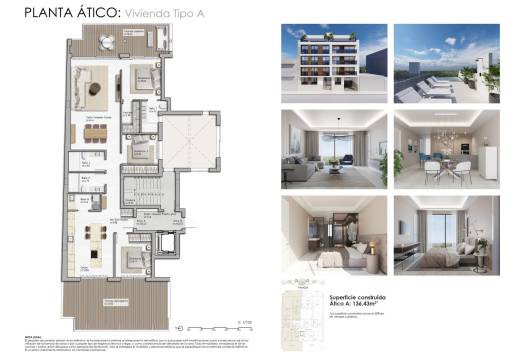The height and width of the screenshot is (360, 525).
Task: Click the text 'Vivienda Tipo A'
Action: [x=160, y=14]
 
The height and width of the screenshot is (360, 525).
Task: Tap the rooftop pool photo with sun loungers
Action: [x=445, y=62]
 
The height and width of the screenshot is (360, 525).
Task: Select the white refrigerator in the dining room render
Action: [x=489, y=160]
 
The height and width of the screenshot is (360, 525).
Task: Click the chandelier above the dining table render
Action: [x=442, y=135]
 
